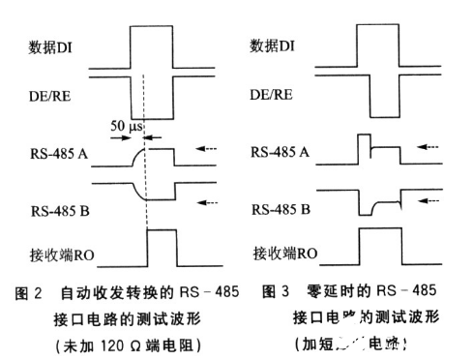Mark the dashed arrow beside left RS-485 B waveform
[210, 201]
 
